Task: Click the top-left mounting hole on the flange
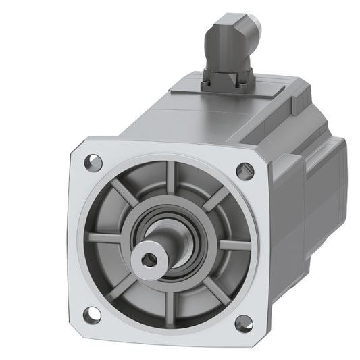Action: (94, 162)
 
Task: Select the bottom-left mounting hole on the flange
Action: (93, 313)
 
